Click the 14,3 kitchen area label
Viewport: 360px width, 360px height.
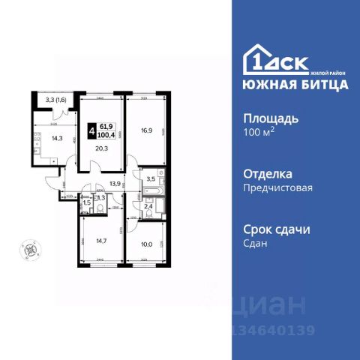pos(56,137)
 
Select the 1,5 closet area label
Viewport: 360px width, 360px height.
pos(86,202)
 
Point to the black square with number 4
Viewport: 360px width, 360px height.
pos(91,130)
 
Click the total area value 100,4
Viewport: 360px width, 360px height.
pos(109,135)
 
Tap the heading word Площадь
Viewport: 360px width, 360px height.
pos(271,118)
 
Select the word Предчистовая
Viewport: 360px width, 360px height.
pos(277,187)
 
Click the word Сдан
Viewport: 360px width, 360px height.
pos(256,244)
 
